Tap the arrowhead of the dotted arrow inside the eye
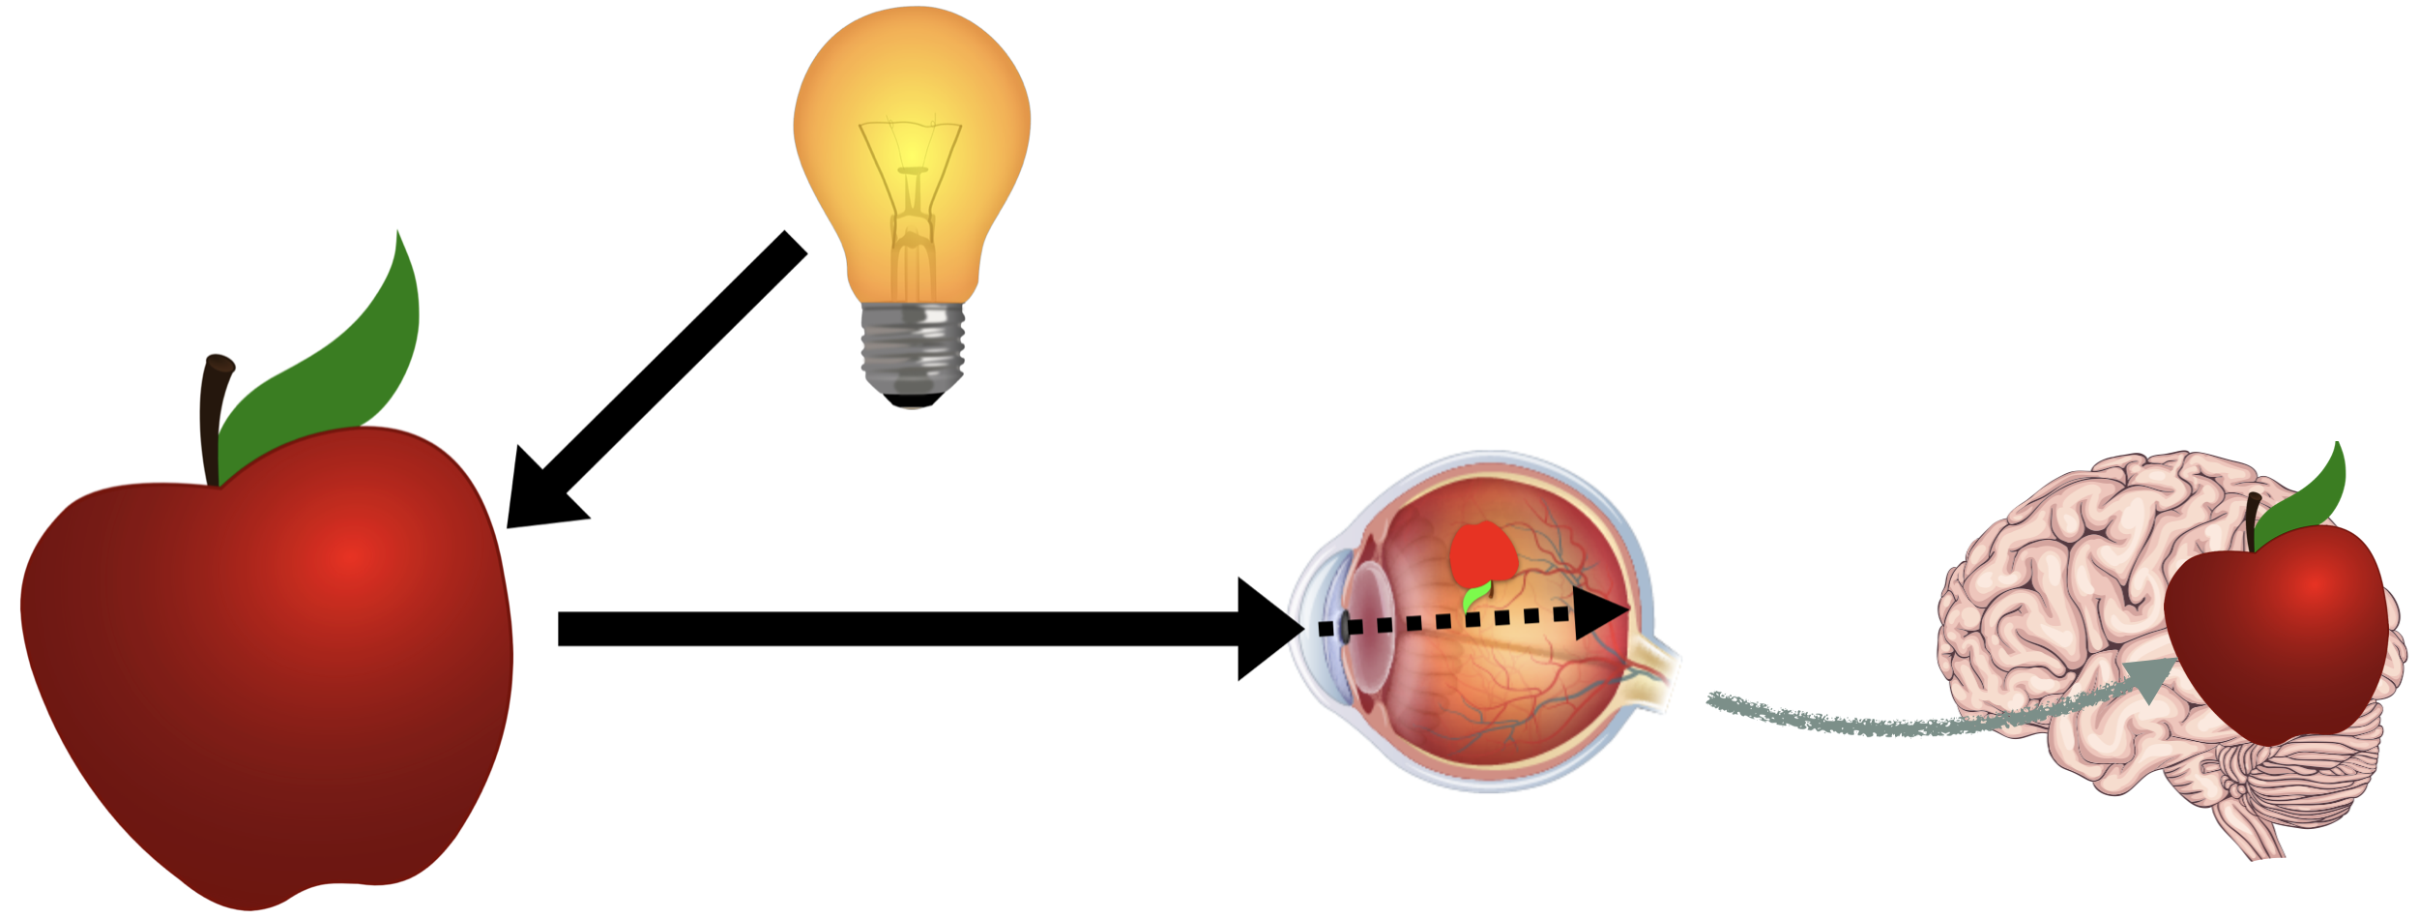[1600, 613]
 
